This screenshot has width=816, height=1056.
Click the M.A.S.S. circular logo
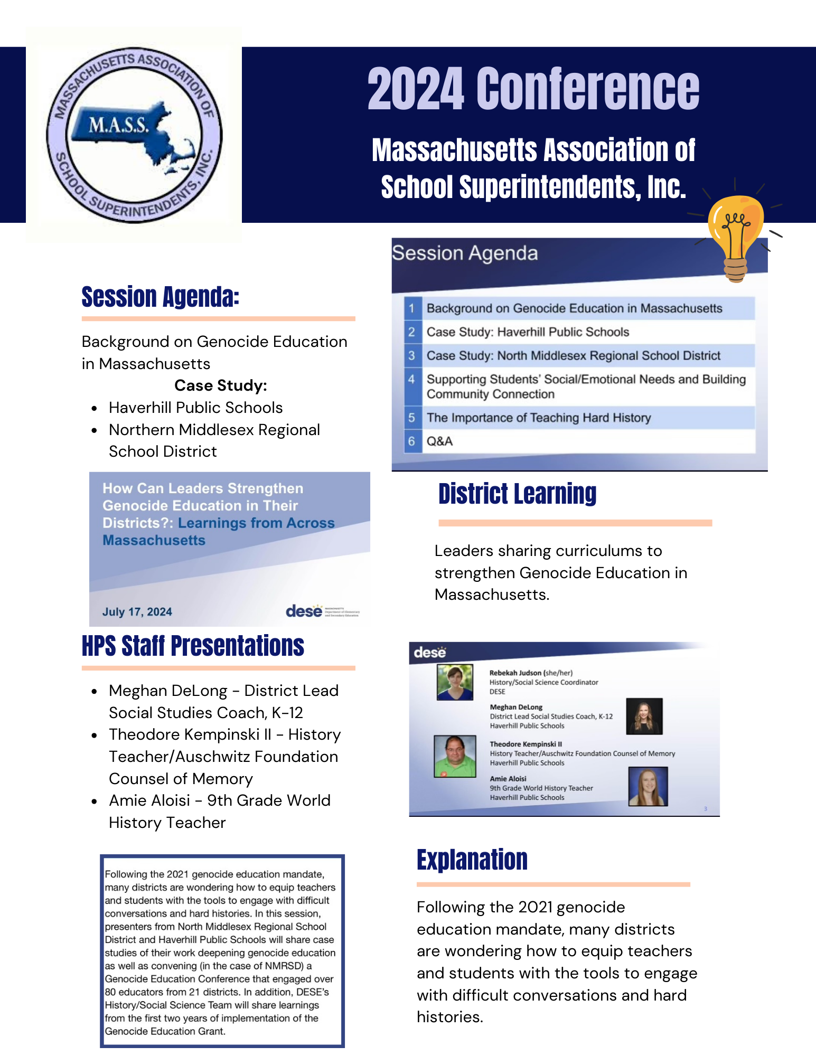[134, 136]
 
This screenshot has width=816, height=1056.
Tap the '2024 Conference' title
[533, 89]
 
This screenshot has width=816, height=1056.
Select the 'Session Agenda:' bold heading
[161, 297]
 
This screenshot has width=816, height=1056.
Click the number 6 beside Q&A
[412, 441]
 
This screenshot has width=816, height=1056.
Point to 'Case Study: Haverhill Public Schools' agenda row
[528, 332]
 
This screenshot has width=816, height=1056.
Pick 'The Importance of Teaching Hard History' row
[539, 418]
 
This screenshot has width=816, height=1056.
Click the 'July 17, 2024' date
[137, 612]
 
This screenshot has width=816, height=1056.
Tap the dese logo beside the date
[322, 611]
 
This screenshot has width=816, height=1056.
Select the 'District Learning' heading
[518, 494]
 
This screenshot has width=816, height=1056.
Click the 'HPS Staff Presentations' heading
[193, 646]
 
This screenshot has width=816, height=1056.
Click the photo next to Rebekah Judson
[455, 682]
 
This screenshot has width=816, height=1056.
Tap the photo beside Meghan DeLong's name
[644, 716]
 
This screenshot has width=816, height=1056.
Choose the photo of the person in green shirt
[455, 757]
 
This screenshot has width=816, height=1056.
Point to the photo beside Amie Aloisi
[648, 786]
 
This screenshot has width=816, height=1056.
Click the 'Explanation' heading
[472, 860]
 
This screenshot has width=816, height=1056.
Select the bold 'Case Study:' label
[221, 385]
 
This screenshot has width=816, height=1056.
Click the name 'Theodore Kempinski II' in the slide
[526, 744]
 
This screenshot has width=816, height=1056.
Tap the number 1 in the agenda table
[412, 308]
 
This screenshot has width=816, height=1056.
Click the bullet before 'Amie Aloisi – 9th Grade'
[94, 801]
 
